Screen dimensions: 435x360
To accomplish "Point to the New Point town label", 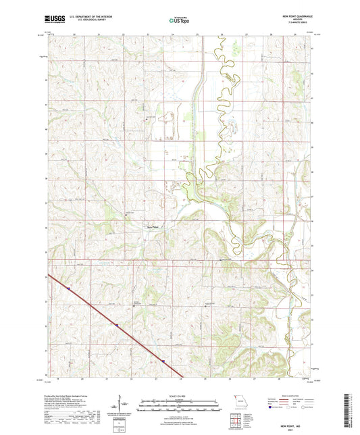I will pos(155,227).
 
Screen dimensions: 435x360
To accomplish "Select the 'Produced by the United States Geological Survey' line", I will pos(64,396).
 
